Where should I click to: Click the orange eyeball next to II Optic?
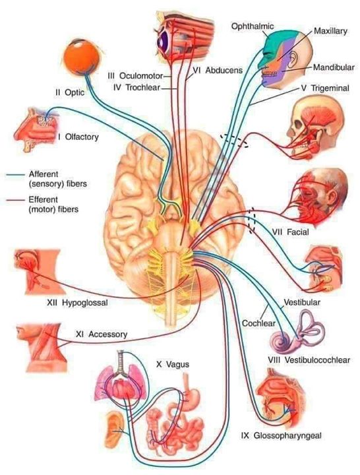tap(81, 57)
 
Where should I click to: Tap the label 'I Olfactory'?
tap(78, 137)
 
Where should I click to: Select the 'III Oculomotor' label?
tap(135, 75)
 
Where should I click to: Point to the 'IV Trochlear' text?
tap(136, 88)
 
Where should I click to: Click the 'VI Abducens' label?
tap(218, 71)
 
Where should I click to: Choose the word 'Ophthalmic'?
tap(253, 26)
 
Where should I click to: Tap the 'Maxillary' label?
tap(330, 31)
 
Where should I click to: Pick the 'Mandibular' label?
tap(334, 67)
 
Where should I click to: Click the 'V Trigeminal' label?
tap(325, 88)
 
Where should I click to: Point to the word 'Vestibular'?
tap(302, 302)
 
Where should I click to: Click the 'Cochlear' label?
tap(258, 323)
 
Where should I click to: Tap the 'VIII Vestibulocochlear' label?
tap(309, 360)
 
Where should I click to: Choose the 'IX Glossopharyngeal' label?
tap(282, 435)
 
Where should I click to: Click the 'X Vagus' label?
tap(173, 364)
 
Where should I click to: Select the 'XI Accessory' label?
tap(102, 334)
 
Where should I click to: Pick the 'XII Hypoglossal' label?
tap(77, 302)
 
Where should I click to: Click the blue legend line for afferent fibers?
tap(15, 174)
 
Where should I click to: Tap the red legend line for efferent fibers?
tap(15, 200)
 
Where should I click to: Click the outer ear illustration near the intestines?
tap(115, 429)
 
